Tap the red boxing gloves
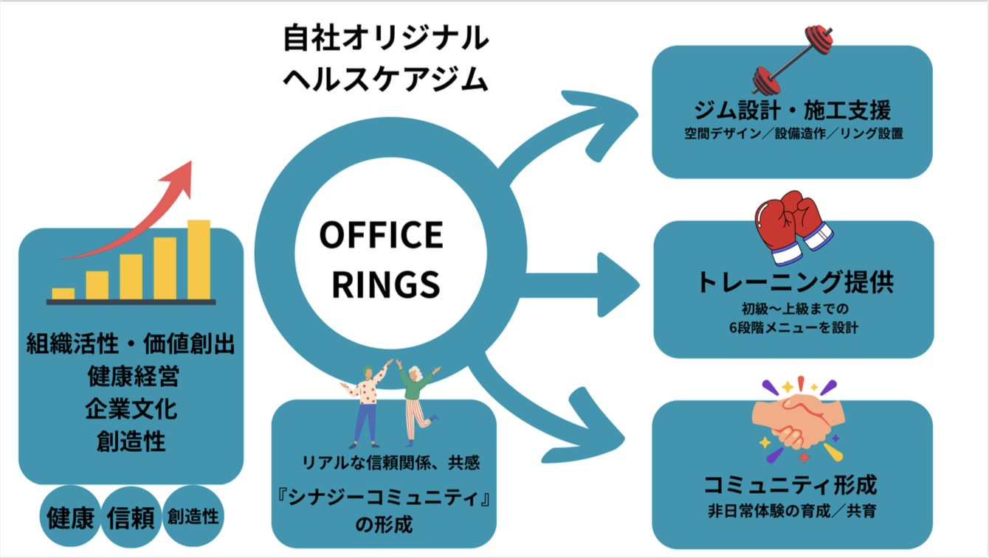coord(792,227)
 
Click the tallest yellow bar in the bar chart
coord(199,259)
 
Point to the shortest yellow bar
coord(63,293)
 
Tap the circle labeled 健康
coord(71,517)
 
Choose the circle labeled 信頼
coord(131,517)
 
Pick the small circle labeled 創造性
coord(193,516)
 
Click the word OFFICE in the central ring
coord(381,236)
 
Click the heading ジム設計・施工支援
coord(793,111)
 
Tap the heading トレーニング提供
coord(793,283)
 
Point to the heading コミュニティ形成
coord(792,486)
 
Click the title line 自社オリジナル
coord(385,38)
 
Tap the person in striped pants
coord(418,402)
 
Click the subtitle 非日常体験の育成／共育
coord(792,511)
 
